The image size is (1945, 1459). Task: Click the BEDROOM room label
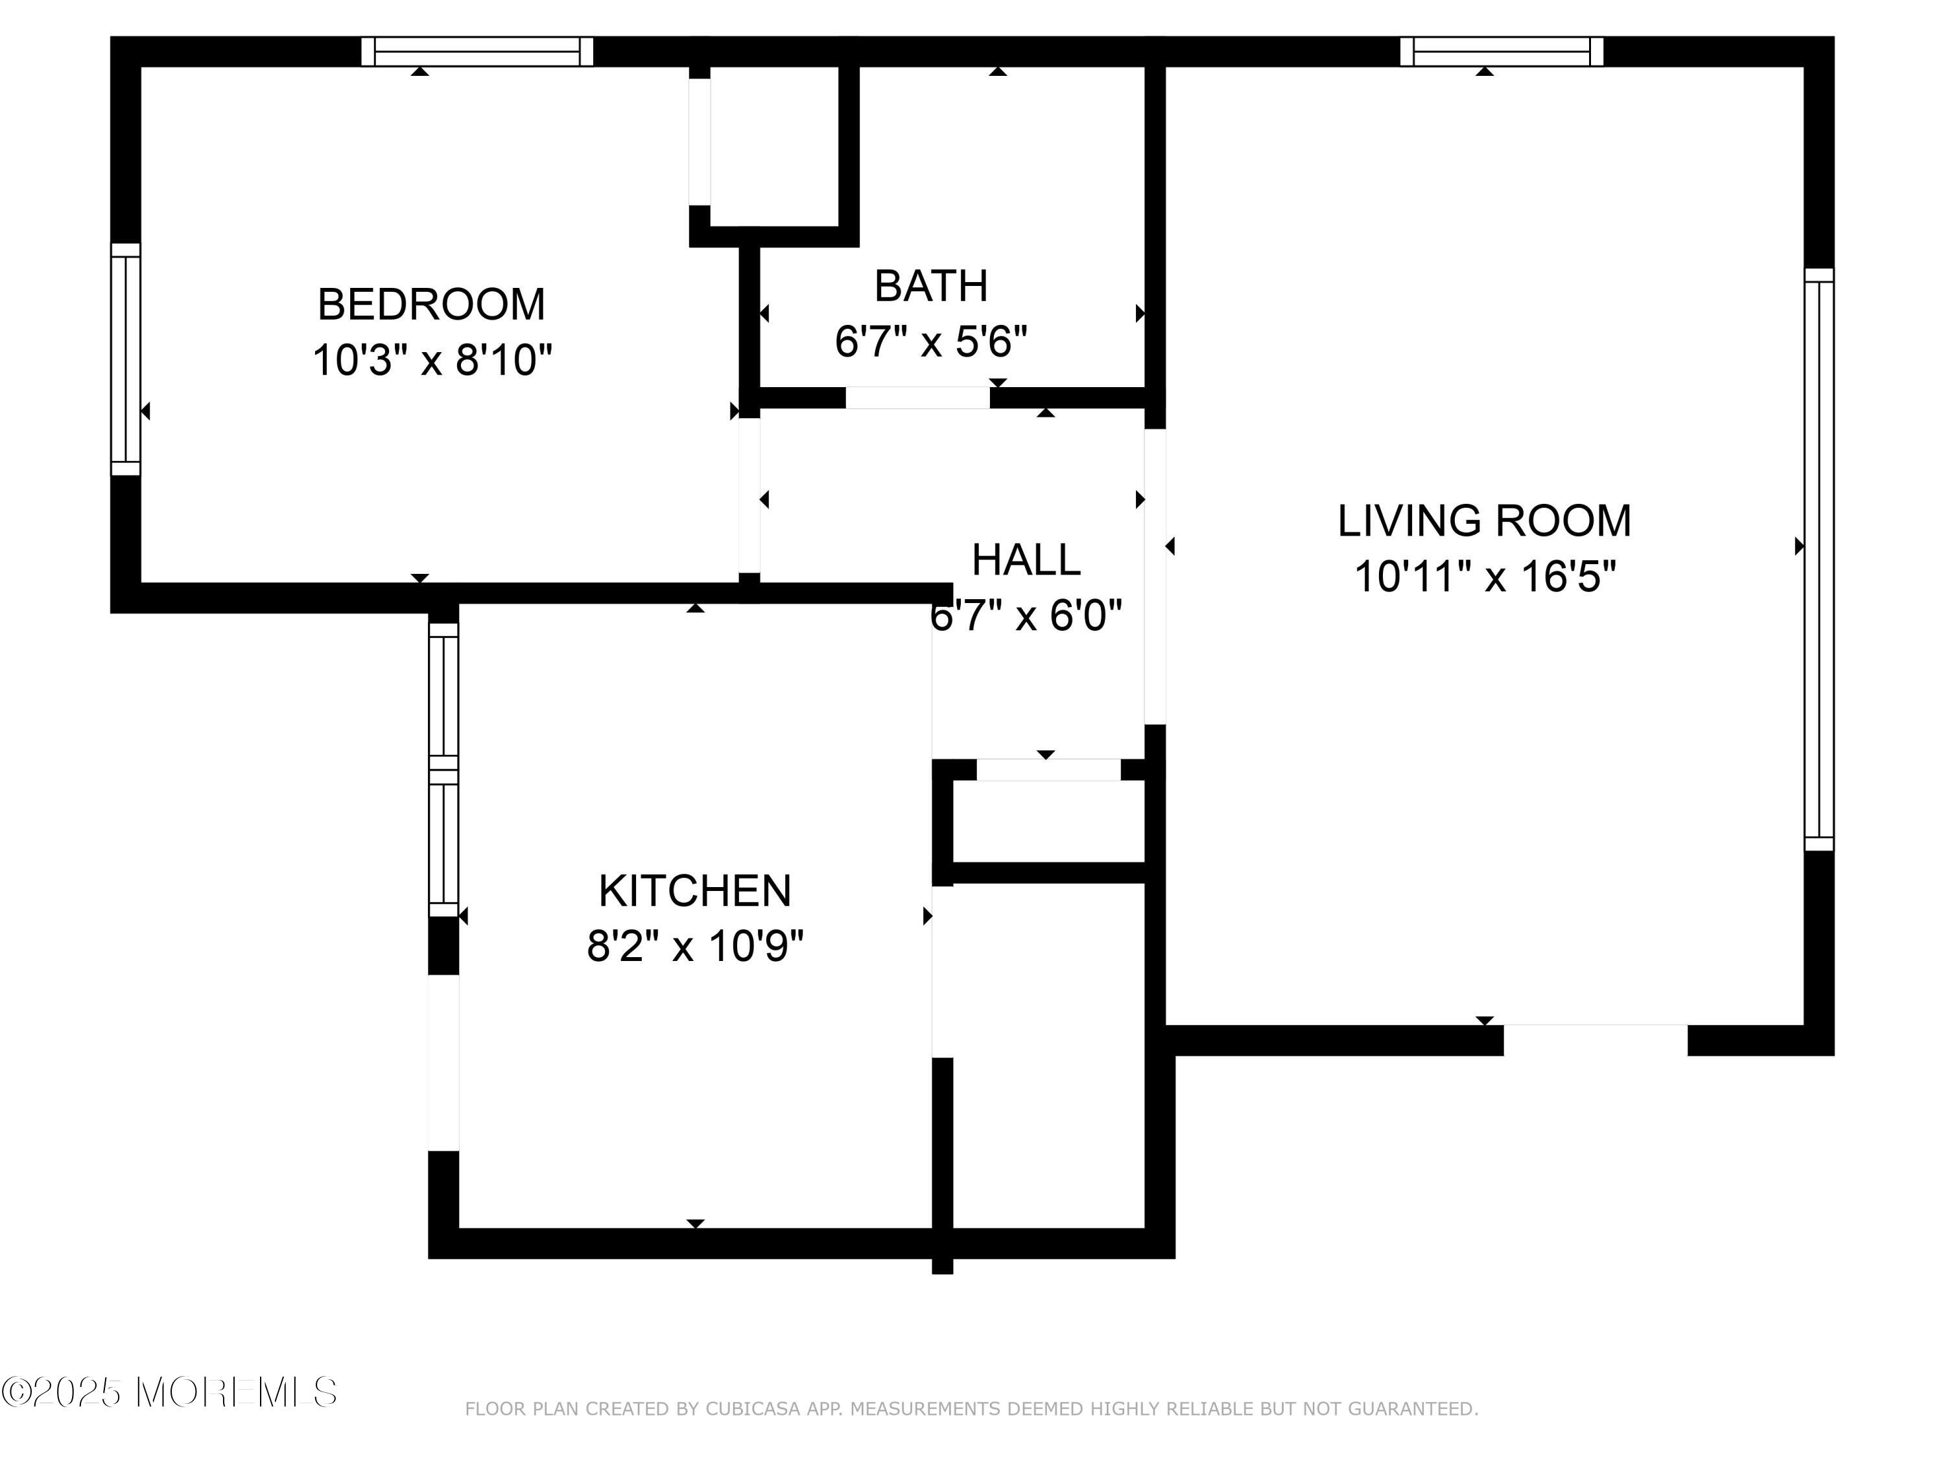[431, 304]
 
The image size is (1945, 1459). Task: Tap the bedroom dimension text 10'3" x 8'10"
[432, 361]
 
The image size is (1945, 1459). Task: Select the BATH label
[931, 286]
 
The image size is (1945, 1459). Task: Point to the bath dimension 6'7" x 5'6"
[931, 341]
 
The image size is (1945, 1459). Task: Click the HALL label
[1026, 560]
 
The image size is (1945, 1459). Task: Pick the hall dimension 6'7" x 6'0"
[1026, 615]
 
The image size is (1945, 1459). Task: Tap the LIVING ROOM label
[1484, 521]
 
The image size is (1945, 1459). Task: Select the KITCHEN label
[694, 891]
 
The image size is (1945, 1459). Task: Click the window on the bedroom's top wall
[477, 52]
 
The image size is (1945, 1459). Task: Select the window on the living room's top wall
[1502, 52]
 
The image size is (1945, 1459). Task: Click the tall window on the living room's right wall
[1819, 560]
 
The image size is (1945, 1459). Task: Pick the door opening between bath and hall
[918, 397]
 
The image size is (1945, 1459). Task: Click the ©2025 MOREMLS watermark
[169, 1392]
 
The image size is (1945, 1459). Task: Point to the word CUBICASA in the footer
[753, 1409]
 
